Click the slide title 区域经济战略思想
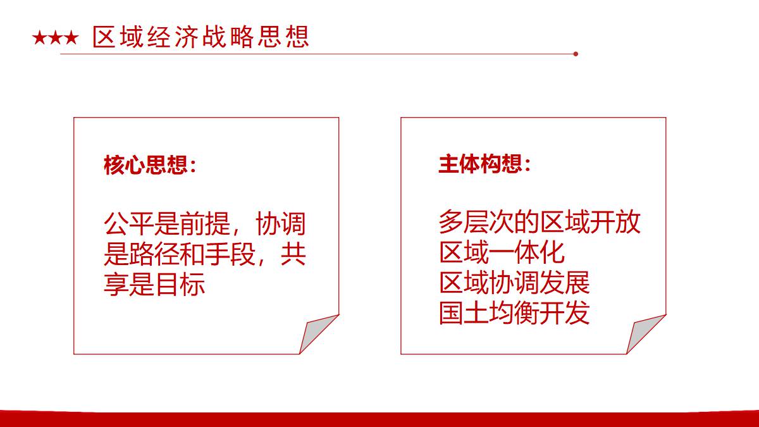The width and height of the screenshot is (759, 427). tap(201, 37)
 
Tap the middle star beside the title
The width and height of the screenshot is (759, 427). tap(56, 37)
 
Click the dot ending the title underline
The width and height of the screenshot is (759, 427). tap(576, 54)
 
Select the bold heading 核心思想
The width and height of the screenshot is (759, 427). tap(145, 165)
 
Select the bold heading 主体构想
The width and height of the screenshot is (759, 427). tap(480, 164)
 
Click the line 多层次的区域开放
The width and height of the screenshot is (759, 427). tap(540, 222)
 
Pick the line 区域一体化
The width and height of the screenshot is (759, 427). tap(502, 252)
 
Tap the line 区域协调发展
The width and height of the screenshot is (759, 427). tap(514, 283)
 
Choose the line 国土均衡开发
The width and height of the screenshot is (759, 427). tap(514, 313)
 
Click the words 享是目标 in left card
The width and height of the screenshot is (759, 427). tap(154, 284)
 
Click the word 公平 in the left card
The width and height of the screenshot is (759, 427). tap(129, 224)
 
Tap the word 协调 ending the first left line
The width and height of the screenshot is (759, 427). tap(281, 224)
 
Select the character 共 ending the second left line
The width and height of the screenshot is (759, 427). tap(293, 254)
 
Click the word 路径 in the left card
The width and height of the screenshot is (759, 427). tap(154, 254)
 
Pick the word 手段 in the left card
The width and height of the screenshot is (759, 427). tap(230, 254)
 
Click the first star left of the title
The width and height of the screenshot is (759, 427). tap(40, 37)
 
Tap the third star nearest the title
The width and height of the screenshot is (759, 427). tap(71, 37)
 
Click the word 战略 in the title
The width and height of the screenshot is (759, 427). tap(214, 37)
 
